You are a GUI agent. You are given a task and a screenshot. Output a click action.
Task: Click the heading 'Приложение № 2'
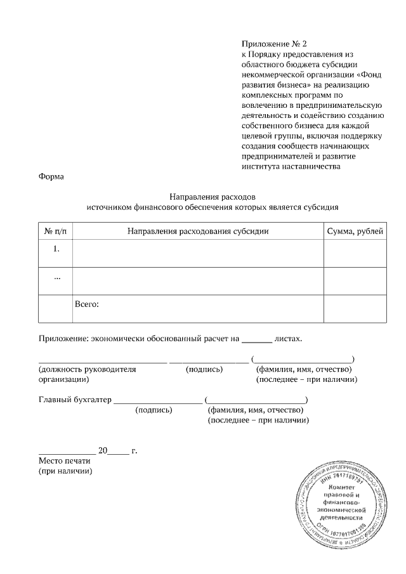(273, 44)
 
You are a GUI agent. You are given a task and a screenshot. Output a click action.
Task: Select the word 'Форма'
(51, 176)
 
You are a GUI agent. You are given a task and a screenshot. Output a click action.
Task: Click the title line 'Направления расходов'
(213, 197)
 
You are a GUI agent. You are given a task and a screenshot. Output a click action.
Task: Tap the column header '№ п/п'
(56, 231)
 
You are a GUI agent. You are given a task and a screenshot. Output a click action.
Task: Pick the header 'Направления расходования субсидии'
(198, 231)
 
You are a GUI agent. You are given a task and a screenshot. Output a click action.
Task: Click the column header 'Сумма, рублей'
(355, 231)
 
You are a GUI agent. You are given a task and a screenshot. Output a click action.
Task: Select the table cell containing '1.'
(56, 249)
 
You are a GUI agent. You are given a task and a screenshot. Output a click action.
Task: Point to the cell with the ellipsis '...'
(56, 277)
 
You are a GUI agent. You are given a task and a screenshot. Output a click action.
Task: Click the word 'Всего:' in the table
(87, 304)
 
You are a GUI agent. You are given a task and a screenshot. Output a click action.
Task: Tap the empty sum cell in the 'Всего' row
(355, 309)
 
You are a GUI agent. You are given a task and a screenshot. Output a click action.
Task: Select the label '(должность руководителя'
(87, 369)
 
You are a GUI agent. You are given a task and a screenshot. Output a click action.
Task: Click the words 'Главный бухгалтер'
(74, 400)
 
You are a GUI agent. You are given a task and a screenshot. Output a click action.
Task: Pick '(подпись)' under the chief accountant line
(154, 410)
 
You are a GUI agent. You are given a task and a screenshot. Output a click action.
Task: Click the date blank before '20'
(67, 453)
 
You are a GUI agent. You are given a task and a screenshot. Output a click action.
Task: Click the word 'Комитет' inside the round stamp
(343, 486)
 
